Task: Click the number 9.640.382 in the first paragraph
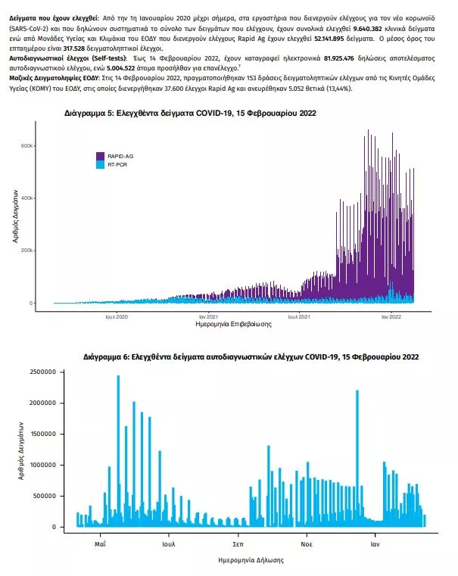coord(367,29)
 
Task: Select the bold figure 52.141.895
coord(329,39)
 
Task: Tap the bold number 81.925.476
coord(339,58)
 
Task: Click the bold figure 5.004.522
coord(120,68)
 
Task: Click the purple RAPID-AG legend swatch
coord(100,156)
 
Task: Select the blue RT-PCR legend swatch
coord(100,165)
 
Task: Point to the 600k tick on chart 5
coord(26,146)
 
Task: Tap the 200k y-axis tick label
coord(26,251)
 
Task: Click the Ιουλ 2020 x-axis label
coord(117,316)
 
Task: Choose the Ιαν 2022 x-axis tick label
coord(391,316)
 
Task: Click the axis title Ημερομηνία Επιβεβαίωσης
coord(234,325)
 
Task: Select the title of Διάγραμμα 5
coord(190,113)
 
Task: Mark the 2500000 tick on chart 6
coord(42,372)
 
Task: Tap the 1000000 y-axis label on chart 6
coord(42,465)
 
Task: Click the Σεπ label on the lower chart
coord(238,544)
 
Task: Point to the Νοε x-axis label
coord(307,544)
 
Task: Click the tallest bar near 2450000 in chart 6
coord(118,451)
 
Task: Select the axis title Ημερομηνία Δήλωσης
coord(251,560)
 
